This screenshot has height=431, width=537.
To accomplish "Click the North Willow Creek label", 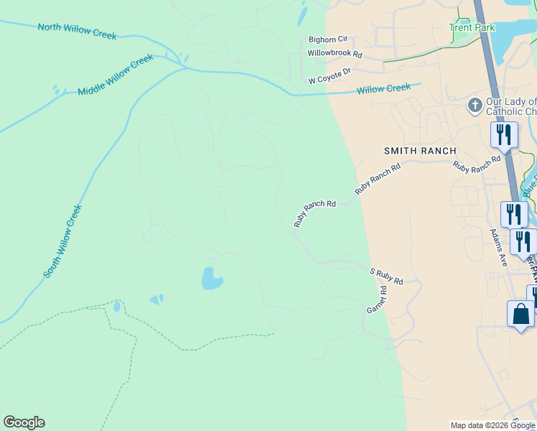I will (77, 31).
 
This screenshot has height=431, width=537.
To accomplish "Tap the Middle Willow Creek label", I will (116, 74).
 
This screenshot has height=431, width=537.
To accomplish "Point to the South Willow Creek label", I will (63, 241).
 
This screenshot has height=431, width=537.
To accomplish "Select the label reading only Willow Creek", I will (383, 88).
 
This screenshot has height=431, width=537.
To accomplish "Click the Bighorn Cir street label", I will (327, 40).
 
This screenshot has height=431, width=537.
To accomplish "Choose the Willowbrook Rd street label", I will (335, 54).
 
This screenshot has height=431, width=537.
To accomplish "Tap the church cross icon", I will (474, 106).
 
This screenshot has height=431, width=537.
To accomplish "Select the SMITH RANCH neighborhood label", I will (420, 151).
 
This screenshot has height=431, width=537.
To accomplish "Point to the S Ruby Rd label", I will (386, 277).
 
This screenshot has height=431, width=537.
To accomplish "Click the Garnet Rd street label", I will (377, 300).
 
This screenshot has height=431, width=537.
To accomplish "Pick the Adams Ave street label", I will (499, 248).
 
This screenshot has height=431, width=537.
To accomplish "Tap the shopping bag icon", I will (520, 315).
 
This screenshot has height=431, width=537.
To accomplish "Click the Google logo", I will (24, 422).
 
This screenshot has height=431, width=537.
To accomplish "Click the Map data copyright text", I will (492, 425).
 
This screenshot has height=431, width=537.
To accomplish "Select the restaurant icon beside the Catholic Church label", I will (504, 134).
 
